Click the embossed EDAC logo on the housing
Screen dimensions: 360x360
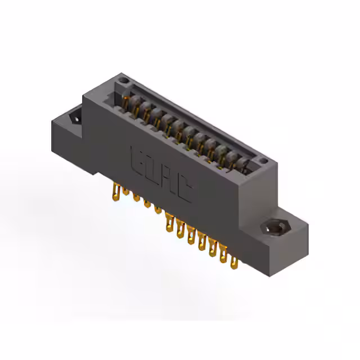click(x=160, y=174)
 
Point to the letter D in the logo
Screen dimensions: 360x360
click(x=152, y=169)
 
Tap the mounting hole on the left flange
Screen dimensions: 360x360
click(x=74, y=119)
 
